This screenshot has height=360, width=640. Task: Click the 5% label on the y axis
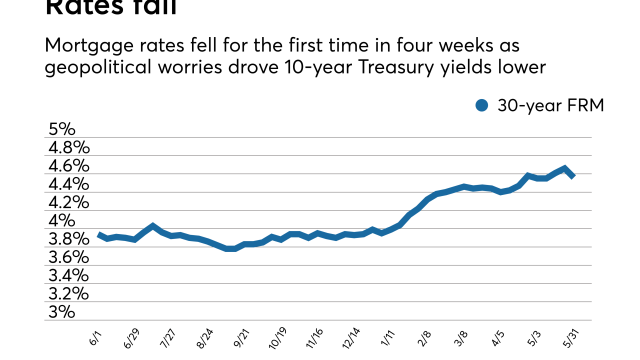62,129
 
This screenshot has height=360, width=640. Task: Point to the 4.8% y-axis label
69,148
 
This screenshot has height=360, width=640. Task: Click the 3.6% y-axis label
69,257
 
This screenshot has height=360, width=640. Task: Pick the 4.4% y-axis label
69,184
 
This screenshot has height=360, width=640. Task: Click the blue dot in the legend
482,105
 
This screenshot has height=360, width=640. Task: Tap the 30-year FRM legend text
550,105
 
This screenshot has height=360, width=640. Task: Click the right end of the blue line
573,175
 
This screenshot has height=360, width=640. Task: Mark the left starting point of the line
98,234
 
